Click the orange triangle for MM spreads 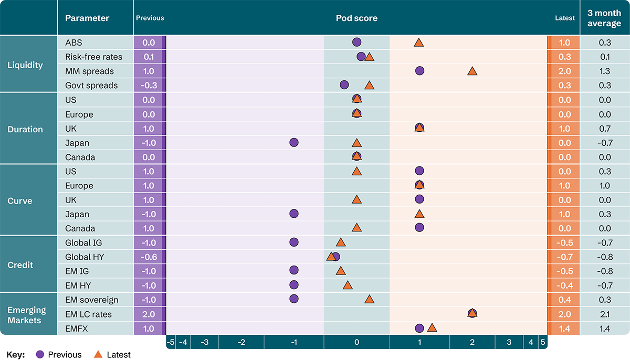click(472, 71)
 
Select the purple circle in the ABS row click(356, 43)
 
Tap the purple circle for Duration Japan click(293, 142)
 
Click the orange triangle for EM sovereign click(369, 299)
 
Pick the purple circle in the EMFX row click(419, 328)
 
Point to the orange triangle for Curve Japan click(419, 214)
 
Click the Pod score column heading click(356, 18)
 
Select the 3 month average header click(604, 18)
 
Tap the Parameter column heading click(87, 18)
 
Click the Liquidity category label click(25, 65)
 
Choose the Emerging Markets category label click(26, 315)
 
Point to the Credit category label click(20, 265)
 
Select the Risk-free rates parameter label click(93, 57)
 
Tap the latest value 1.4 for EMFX click(564, 329)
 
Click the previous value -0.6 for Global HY click(149, 257)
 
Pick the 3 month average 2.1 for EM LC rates click(604, 314)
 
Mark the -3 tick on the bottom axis click(205, 342)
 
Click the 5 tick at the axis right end click(543, 342)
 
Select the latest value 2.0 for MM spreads click(564, 71)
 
